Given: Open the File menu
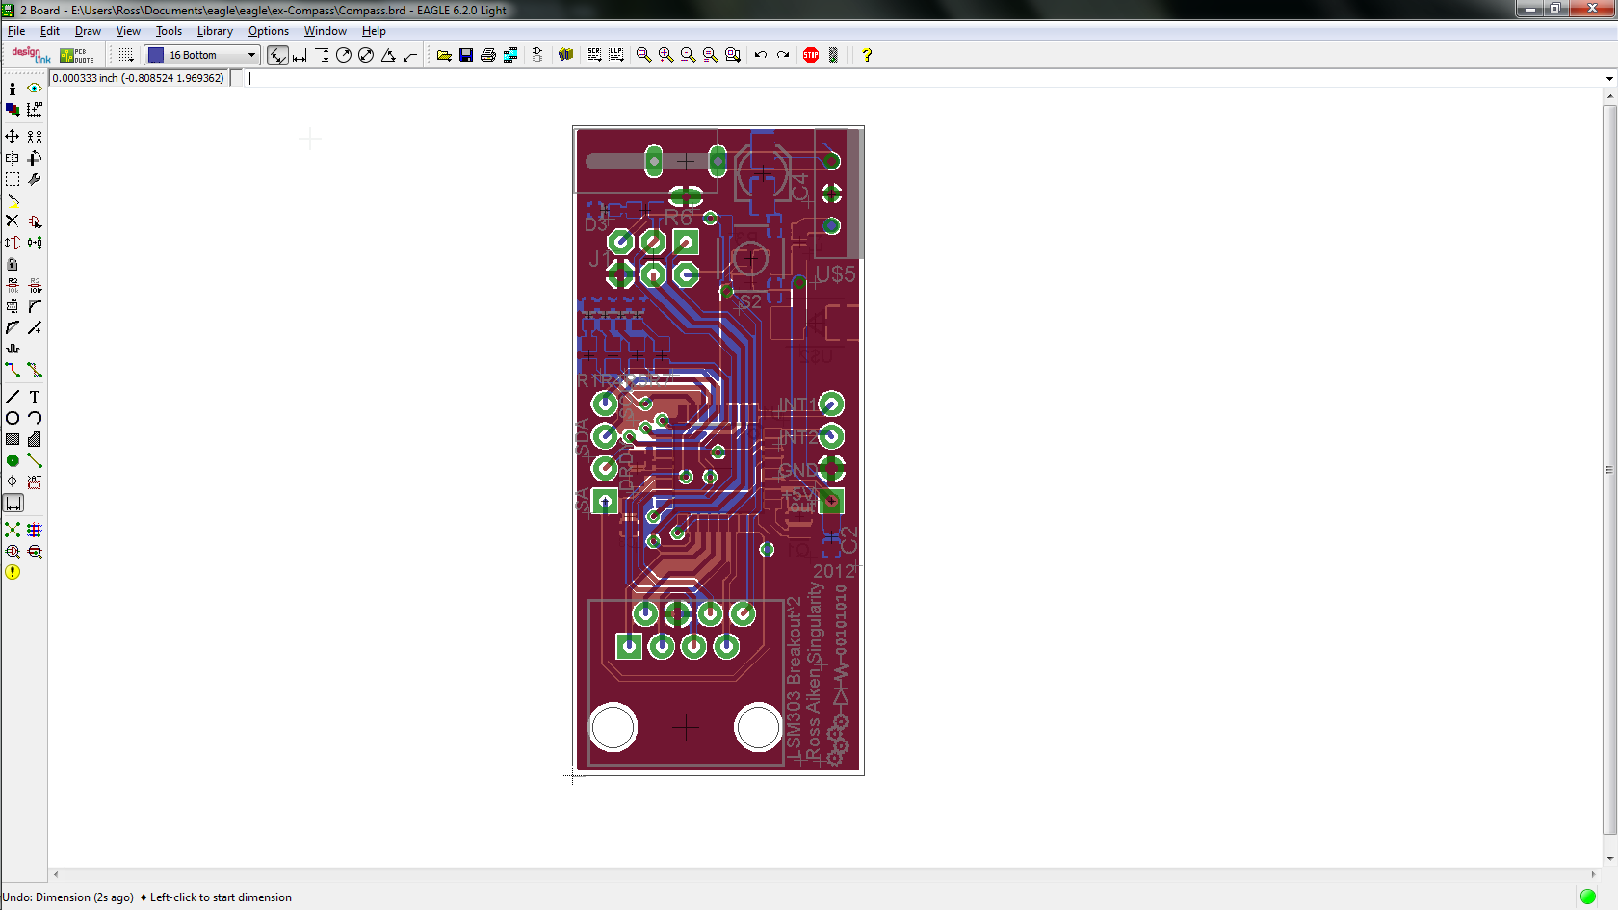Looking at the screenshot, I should [16, 31].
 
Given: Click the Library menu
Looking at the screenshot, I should [215, 31].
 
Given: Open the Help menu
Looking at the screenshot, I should [374, 31].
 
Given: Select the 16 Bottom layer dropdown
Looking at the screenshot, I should [202, 55].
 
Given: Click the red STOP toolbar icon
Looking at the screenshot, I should [811, 55].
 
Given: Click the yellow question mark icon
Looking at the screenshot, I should [867, 55].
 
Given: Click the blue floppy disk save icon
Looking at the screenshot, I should [466, 55].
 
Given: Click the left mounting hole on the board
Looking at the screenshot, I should [613, 727].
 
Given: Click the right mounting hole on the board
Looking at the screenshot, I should [758, 727].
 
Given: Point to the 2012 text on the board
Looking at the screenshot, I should [833, 571].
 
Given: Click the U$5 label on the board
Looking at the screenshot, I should [835, 274].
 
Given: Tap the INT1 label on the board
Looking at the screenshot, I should [796, 404].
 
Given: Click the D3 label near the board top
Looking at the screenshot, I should [596, 224].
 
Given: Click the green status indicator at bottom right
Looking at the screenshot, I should [1588, 897].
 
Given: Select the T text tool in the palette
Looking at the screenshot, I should [35, 397].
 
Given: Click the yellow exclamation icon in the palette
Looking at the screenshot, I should [13, 572].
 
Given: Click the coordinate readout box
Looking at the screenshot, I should [139, 78].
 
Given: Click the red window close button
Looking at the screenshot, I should [1592, 9].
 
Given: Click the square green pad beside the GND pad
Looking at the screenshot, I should [831, 501].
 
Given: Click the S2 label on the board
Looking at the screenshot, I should [750, 301].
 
